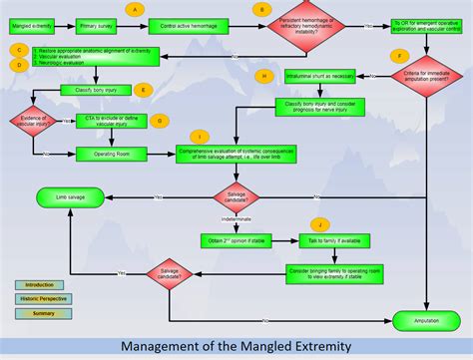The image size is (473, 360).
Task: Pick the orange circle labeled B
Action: [x=262, y=9]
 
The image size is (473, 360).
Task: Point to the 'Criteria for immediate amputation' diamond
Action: [x=427, y=76]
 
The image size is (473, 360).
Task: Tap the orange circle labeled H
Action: [x=263, y=77]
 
